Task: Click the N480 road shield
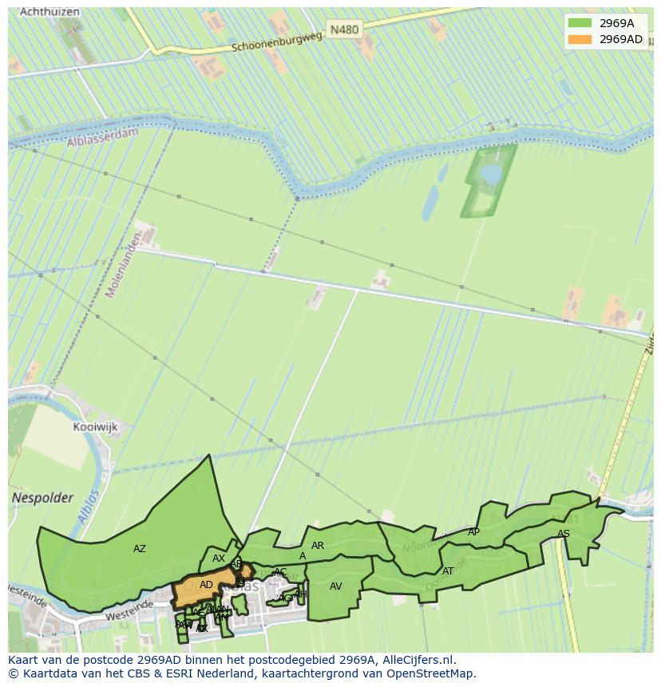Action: (344, 30)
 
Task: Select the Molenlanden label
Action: (124, 265)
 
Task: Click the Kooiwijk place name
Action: (95, 427)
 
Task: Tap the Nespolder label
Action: (42, 498)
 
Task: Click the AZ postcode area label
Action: (140, 549)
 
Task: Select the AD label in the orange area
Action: (206, 585)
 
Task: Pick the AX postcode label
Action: (219, 559)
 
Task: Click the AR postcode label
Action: (318, 546)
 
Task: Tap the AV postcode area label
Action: (336, 586)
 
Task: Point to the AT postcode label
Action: (448, 571)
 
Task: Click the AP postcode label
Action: (473, 532)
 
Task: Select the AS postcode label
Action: (564, 534)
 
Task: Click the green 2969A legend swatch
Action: (580, 23)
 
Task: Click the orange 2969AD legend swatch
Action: (580, 39)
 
